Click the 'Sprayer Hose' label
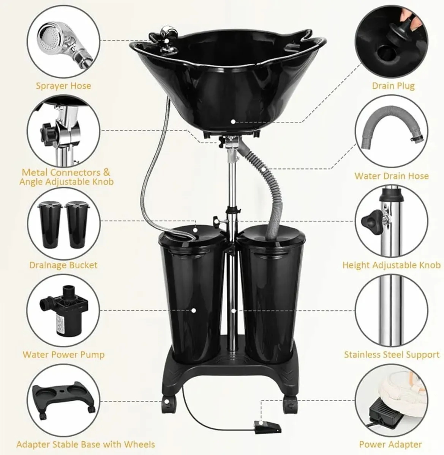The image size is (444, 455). [x=63, y=86]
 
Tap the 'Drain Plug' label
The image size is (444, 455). [x=393, y=86]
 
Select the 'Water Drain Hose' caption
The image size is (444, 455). [x=392, y=176]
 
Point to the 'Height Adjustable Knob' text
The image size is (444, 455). [x=392, y=265]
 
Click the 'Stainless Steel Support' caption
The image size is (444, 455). [x=392, y=355]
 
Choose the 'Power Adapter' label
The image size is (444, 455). [x=390, y=444]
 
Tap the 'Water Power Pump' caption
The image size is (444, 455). [x=63, y=355]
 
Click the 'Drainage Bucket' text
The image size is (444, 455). [x=63, y=265]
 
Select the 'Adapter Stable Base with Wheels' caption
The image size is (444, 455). [x=86, y=444]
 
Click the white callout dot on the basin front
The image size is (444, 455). [x=233, y=122]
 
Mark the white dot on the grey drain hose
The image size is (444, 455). [x=264, y=169]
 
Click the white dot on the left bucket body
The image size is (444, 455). [x=194, y=311]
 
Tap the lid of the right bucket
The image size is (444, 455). [x=272, y=235]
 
